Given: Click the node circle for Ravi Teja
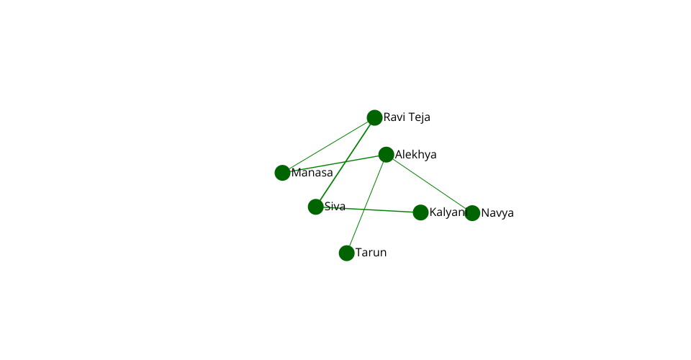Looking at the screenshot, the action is (374, 117).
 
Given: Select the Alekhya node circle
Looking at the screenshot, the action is (386, 155).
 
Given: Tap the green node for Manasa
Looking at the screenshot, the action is (282, 173).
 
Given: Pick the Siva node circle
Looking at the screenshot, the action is (315, 207).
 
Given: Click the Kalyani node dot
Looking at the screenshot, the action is (421, 212).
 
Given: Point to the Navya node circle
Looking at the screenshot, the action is (472, 213).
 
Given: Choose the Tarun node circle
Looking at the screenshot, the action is (347, 253).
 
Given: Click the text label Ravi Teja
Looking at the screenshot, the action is (407, 117).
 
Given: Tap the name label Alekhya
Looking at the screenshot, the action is (415, 155).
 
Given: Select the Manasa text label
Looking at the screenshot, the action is (312, 173).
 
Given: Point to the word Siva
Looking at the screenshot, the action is (335, 206).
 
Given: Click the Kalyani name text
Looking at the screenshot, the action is (448, 212).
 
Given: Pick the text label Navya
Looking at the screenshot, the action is (497, 213).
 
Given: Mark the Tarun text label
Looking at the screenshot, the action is (371, 253).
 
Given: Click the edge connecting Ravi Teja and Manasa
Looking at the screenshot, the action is (328, 145).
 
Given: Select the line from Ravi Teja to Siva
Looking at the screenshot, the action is (345, 162).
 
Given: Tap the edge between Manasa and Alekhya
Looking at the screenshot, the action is (334, 164).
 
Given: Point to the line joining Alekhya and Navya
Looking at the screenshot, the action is (429, 184).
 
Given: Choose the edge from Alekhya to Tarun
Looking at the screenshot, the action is (366, 204).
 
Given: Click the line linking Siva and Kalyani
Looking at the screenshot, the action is (368, 210).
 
